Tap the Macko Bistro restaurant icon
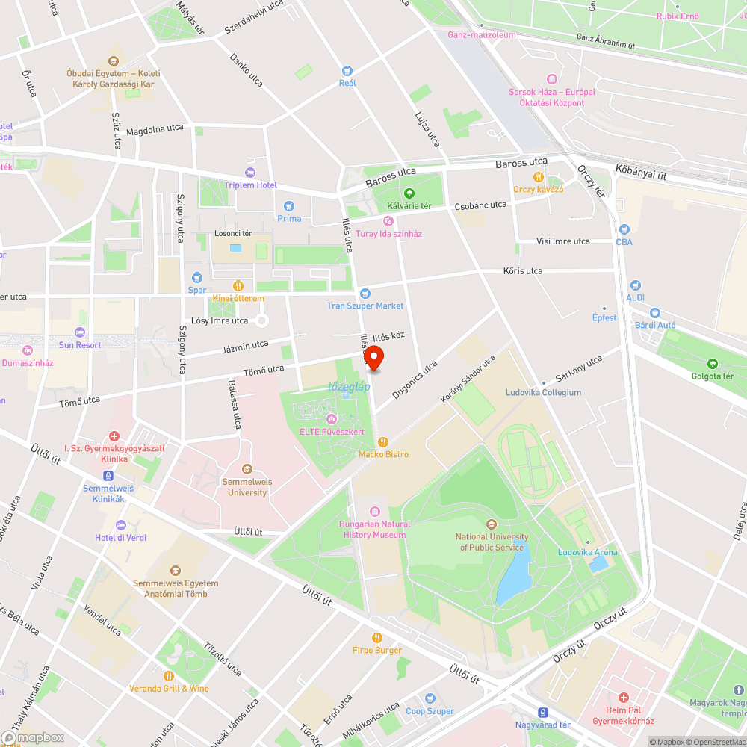tap(383, 441)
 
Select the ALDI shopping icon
tap(635, 285)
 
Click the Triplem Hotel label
tap(250, 185)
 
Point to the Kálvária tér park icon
tap(409, 193)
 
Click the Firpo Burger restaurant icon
tap(377, 638)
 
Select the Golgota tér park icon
tap(712, 364)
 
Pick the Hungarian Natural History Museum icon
tap(375, 512)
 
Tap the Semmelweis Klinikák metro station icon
tap(109, 475)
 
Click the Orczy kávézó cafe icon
tap(538, 177)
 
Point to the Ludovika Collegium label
tap(543, 392)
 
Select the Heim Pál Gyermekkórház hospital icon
tap(623, 697)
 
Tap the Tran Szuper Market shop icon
tap(365, 294)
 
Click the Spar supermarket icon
tap(196, 277)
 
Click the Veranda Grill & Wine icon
tap(169, 676)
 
